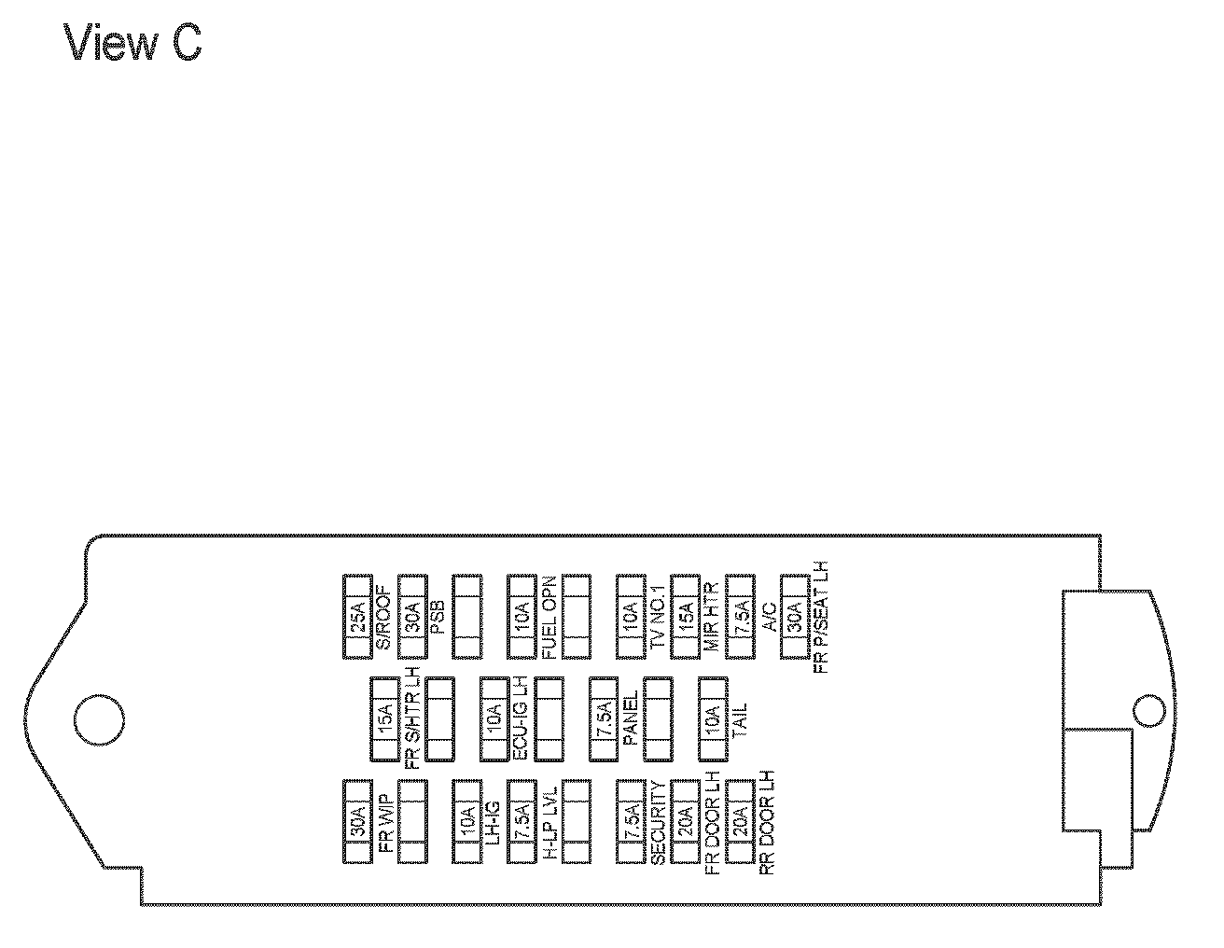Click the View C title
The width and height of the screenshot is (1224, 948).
(132, 43)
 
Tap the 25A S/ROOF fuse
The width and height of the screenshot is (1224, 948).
(358, 617)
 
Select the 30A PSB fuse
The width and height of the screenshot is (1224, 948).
(412, 617)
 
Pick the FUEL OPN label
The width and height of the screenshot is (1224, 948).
(549, 617)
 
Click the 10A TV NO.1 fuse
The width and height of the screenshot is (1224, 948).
(631, 617)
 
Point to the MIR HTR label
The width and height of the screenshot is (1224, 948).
(711, 617)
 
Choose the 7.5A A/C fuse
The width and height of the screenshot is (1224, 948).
(740, 617)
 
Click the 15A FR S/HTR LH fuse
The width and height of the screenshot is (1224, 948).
(385, 718)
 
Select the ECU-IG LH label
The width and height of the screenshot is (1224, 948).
(522, 718)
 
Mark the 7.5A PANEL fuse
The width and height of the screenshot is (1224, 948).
(604, 718)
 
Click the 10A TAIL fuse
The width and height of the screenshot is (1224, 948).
(713, 718)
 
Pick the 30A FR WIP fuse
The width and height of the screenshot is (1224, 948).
(358, 820)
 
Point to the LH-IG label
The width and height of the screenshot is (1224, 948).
(494, 820)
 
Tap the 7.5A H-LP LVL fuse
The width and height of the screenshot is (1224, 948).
(522, 820)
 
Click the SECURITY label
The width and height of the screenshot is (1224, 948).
(658, 820)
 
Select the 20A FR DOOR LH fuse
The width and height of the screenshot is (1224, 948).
(686, 820)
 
